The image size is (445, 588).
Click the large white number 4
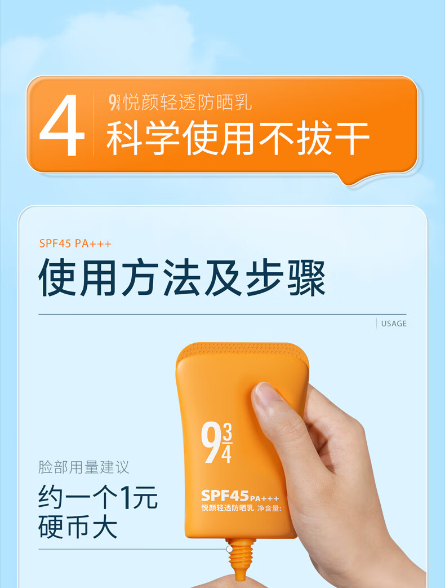tap(62, 125)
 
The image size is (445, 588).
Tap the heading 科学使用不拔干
tap(238, 138)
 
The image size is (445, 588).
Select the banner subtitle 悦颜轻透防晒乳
tap(188, 103)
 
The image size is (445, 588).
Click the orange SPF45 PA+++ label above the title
tap(75, 244)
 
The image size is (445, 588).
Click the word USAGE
tap(394, 324)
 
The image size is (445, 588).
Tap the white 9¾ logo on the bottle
tap(216, 443)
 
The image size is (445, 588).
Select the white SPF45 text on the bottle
tap(225, 496)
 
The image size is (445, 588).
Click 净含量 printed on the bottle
tap(269, 509)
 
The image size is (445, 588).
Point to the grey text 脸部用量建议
tap(83, 467)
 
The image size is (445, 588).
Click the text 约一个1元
tap(98, 497)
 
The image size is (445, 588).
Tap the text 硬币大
tap(78, 527)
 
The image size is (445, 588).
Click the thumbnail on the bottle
tap(265, 393)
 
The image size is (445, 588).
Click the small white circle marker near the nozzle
tap(229, 549)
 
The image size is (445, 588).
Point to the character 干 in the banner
tap(352, 138)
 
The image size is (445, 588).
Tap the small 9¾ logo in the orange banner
tap(114, 103)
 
